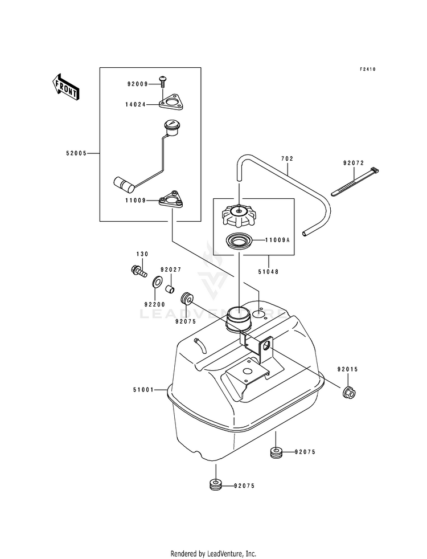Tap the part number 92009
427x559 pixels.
point(137,84)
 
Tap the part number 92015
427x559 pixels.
point(347,369)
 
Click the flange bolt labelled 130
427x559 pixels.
point(138,270)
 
